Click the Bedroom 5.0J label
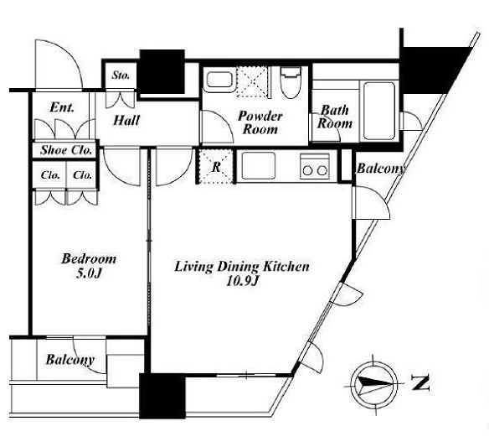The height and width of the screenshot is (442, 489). click(x=89, y=266)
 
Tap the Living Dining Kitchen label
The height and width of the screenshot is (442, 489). click(x=242, y=267)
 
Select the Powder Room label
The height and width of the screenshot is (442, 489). click(x=260, y=122)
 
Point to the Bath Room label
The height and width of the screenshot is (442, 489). click(x=335, y=117)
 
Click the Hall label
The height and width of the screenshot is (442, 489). click(x=126, y=120)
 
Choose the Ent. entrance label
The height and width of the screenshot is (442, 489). click(x=62, y=107)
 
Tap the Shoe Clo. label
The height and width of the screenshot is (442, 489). click(x=66, y=150)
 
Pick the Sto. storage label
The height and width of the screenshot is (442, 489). click(x=121, y=75)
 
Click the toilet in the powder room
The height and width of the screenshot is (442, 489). click(x=291, y=82)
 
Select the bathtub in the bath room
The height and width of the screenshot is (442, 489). click(x=379, y=111)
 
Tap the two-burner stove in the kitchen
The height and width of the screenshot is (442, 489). click(x=315, y=167)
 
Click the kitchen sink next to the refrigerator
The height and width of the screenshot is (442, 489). click(x=259, y=166)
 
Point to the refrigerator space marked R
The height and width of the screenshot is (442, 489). click(x=216, y=167)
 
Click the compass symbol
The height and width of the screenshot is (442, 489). click(x=373, y=385)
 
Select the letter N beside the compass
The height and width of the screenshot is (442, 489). click(x=420, y=382)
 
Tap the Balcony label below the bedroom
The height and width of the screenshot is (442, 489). click(x=69, y=360)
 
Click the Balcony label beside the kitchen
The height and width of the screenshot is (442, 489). click(x=381, y=169)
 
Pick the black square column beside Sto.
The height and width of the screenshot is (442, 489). click(x=162, y=72)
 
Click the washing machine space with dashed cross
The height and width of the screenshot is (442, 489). click(x=252, y=82)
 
